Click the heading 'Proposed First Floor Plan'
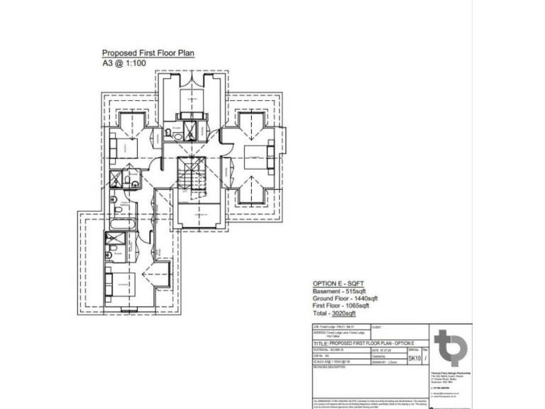coord(148,53)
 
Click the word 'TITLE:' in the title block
coord(323,342)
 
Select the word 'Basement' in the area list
coord(326,291)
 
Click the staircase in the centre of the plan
coord(190,173)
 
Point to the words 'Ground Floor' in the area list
coord(331,299)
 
